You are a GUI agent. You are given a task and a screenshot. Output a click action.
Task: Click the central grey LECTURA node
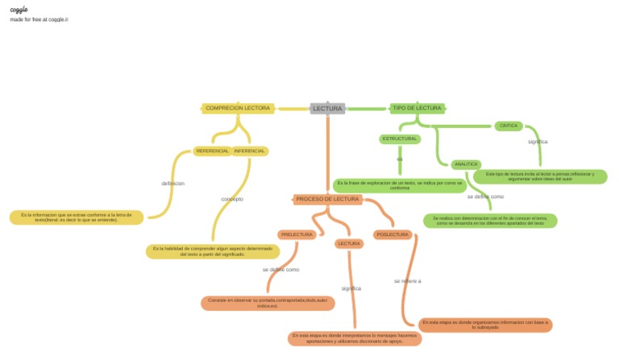click(328, 108)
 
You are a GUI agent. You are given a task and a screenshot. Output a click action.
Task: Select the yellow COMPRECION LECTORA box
click(238, 108)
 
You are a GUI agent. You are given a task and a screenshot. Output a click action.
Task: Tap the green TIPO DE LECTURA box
click(417, 108)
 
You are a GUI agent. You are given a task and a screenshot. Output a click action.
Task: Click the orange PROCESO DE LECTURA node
click(327, 199)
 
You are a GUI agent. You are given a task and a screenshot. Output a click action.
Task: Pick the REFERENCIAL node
click(212, 151)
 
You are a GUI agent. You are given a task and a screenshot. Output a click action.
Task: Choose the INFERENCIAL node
click(250, 151)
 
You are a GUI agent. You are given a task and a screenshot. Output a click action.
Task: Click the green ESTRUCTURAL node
click(400, 139)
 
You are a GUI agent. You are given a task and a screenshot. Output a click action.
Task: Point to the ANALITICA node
click(466, 164)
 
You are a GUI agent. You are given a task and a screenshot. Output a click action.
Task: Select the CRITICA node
click(509, 126)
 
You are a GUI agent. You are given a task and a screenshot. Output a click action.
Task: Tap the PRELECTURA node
click(297, 234)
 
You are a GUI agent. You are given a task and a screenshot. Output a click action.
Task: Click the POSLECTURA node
click(393, 234)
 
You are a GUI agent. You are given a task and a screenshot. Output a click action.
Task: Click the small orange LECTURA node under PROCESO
click(349, 243)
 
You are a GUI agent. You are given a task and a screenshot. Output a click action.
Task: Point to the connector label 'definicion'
click(172, 184)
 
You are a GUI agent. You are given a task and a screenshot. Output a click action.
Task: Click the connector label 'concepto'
click(232, 199)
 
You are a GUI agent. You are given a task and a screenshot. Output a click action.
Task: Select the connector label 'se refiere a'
click(408, 281)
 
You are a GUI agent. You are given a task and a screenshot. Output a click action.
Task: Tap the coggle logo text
click(19, 9)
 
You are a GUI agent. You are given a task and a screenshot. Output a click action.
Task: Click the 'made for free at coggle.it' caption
click(39, 19)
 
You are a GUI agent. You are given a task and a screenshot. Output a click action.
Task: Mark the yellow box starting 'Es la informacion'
click(77, 217)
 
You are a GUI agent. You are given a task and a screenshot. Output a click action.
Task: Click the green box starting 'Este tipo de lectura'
click(540, 176)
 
